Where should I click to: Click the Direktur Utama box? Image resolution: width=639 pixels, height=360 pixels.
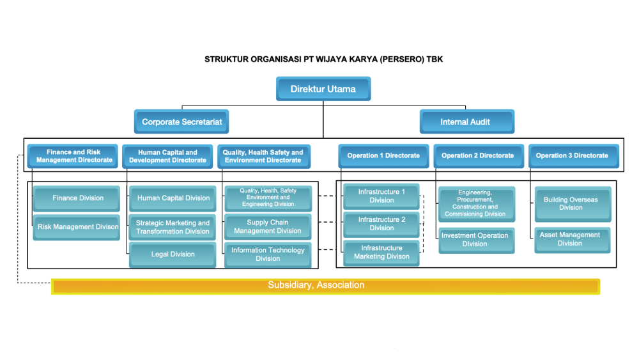pos(323,89)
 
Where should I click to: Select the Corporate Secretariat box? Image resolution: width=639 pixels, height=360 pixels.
pos(181,121)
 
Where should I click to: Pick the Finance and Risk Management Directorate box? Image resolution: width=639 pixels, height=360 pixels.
pos(74,156)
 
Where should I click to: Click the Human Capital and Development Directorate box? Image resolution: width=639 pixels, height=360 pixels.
pos(167,156)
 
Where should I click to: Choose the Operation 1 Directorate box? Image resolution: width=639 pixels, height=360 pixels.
pos(383,155)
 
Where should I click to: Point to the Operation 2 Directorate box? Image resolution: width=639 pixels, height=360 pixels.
pos(477,155)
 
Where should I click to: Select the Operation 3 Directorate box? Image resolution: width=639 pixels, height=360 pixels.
pos(572,155)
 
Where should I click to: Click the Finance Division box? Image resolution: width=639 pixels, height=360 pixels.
pos(78,198)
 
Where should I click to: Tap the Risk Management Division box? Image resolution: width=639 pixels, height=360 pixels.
pos(78,227)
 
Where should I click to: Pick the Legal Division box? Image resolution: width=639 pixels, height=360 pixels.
pos(173,254)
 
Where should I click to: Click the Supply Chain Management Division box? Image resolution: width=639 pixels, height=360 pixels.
pos(268,227)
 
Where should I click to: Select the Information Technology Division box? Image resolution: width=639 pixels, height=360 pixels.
pos(268,254)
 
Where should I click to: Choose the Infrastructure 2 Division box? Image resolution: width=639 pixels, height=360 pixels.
pos(381,224)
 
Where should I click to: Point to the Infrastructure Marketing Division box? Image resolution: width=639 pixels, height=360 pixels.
pos(381,252)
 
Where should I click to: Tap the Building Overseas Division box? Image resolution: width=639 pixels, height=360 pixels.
pos(571,203)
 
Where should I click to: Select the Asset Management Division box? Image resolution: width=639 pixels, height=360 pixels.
pos(570,239)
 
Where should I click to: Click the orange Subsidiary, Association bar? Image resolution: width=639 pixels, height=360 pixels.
pos(325,286)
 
